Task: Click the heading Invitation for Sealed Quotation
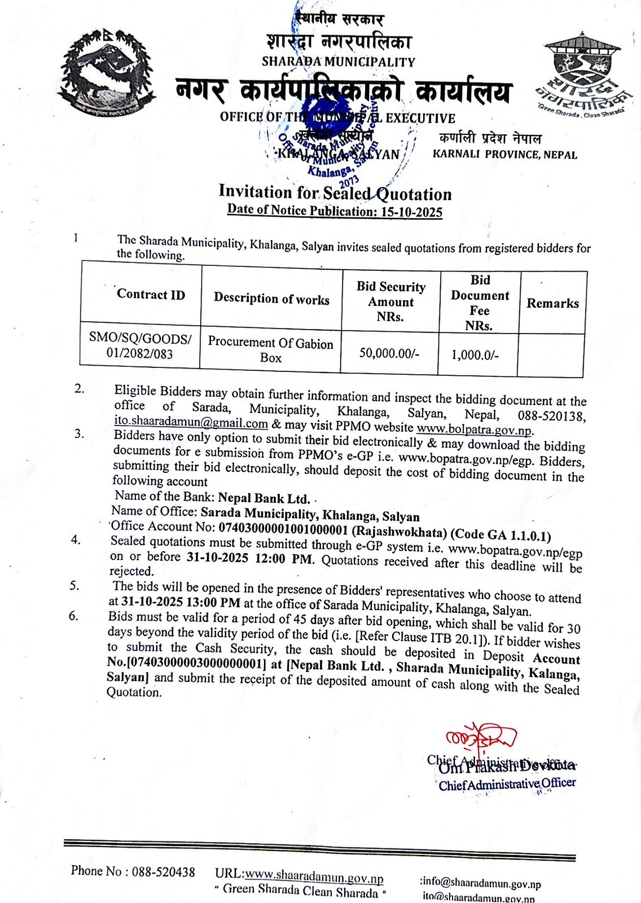pos(335,193)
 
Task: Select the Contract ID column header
pos(151,295)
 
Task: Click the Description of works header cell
pos(271,299)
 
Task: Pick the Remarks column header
pos(552,303)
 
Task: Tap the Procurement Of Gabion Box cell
pos(271,350)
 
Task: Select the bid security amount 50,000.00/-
pos(389,353)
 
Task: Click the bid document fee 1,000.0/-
pos(475,355)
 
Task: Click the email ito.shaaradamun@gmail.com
pos(191,423)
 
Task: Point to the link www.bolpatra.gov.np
pos(474,430)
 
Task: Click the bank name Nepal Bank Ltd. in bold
pos(264,498)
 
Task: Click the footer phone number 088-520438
pos(164,872)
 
